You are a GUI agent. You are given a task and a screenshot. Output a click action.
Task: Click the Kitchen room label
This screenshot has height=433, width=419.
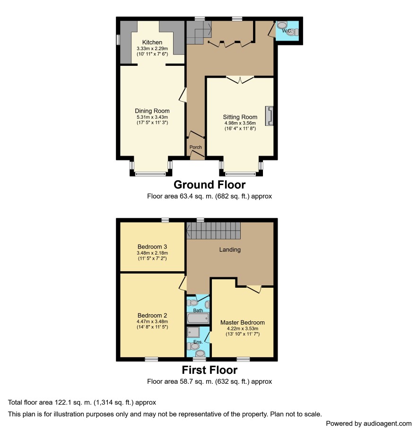pyautogui.click(x=152, y=42)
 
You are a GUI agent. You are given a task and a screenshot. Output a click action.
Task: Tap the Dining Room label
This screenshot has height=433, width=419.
pyautogui.click(x=152, y=111)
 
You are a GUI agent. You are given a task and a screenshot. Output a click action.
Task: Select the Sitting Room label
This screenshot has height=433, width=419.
pyautogui.click(x=240, y=117)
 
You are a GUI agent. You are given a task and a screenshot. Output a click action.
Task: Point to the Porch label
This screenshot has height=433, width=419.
pyautogui.click(x=195, y=147)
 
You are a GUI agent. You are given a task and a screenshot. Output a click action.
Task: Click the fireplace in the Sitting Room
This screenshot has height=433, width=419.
pyautogui.click(x=270, y=116)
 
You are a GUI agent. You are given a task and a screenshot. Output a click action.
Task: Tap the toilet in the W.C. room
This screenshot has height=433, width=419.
pyautogui.click(x=293, y=32)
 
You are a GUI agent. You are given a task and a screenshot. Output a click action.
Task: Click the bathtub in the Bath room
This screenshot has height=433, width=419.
pyautogui.click(x=198, y=318)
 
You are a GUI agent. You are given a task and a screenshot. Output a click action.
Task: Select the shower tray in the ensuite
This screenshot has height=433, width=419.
pyautogui.click(x=193, y=332)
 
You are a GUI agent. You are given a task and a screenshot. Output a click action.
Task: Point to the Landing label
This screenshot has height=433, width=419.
pyautogui.click(x=230, y=250)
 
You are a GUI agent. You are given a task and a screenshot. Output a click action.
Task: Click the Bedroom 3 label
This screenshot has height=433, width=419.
pyautogui.click(x=152, y=247)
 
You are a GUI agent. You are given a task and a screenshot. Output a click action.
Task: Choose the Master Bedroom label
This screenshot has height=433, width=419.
pyautogui.click(x=242, y=322)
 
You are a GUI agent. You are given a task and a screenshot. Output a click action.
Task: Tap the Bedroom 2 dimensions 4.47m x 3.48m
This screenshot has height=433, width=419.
pyautogui.click(x=152, y=321)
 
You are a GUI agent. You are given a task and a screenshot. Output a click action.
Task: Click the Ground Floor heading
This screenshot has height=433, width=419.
pyautogui.click(x=209, y=185)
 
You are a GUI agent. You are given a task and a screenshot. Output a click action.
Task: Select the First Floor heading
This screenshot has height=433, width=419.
pyautogui.click(x=209, y=370)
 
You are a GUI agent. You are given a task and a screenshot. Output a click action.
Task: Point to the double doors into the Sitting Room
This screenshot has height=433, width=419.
pyautogui.click(x=240, y=80)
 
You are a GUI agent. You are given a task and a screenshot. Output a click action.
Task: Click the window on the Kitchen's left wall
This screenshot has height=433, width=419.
pyautogui.click(x=118, y=39)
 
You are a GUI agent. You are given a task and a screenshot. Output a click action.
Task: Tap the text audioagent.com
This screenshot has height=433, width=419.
pyautogui.click(x=387, y=424)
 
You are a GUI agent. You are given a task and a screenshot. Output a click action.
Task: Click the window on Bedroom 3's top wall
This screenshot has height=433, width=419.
pyautogui.click(x=165, y=220)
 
